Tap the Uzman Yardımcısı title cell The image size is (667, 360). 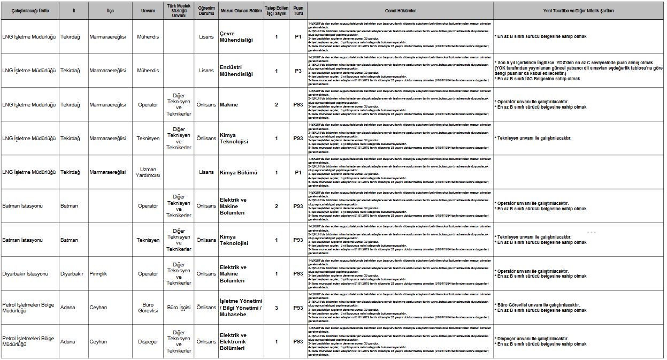coord(148,172)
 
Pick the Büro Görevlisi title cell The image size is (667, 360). coord(148,308)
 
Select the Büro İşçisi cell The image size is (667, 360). coord(179,308)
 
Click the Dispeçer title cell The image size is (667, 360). coord(148,341)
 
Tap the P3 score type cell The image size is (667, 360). coord(298,71)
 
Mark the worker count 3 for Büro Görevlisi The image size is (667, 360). coord(277,308)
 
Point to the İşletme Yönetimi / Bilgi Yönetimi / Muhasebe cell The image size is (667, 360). coord(241,308)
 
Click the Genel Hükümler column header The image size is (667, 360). coord(400,11)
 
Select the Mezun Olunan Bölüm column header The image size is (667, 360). coord(241,11)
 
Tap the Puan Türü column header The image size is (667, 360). coord(298,11)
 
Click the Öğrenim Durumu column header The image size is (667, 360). coord(206,11)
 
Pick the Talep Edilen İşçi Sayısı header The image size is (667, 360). coord(277,11)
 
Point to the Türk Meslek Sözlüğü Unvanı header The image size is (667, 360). coord(179,11)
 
